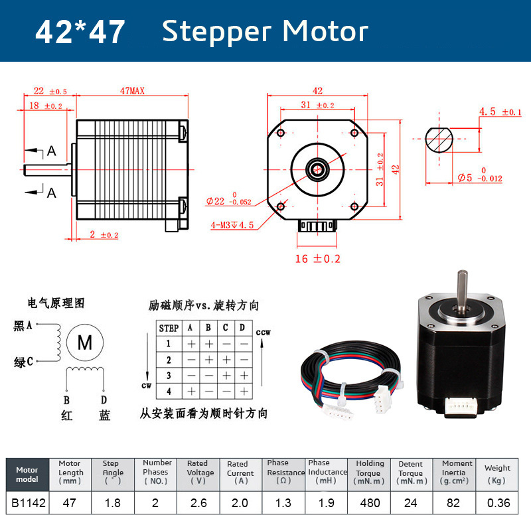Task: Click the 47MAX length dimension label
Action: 132,91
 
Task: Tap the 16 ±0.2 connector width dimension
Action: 317,259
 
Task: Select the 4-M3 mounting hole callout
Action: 232,225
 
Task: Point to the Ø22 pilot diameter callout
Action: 228,200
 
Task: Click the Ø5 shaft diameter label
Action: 480,175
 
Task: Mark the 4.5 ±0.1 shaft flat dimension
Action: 500,112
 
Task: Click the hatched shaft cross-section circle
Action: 439,139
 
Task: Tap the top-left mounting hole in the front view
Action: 280,133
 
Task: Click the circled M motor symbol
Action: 85,342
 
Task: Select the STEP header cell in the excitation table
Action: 169,328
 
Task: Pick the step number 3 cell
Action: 169,375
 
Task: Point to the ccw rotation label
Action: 263,333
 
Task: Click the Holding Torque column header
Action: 370,472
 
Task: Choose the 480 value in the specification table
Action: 370,503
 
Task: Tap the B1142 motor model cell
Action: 28,503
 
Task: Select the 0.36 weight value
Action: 498,503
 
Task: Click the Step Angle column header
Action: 113,472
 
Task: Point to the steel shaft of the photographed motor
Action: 462,290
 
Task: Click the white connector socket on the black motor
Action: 459,406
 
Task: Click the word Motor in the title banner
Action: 325,31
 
